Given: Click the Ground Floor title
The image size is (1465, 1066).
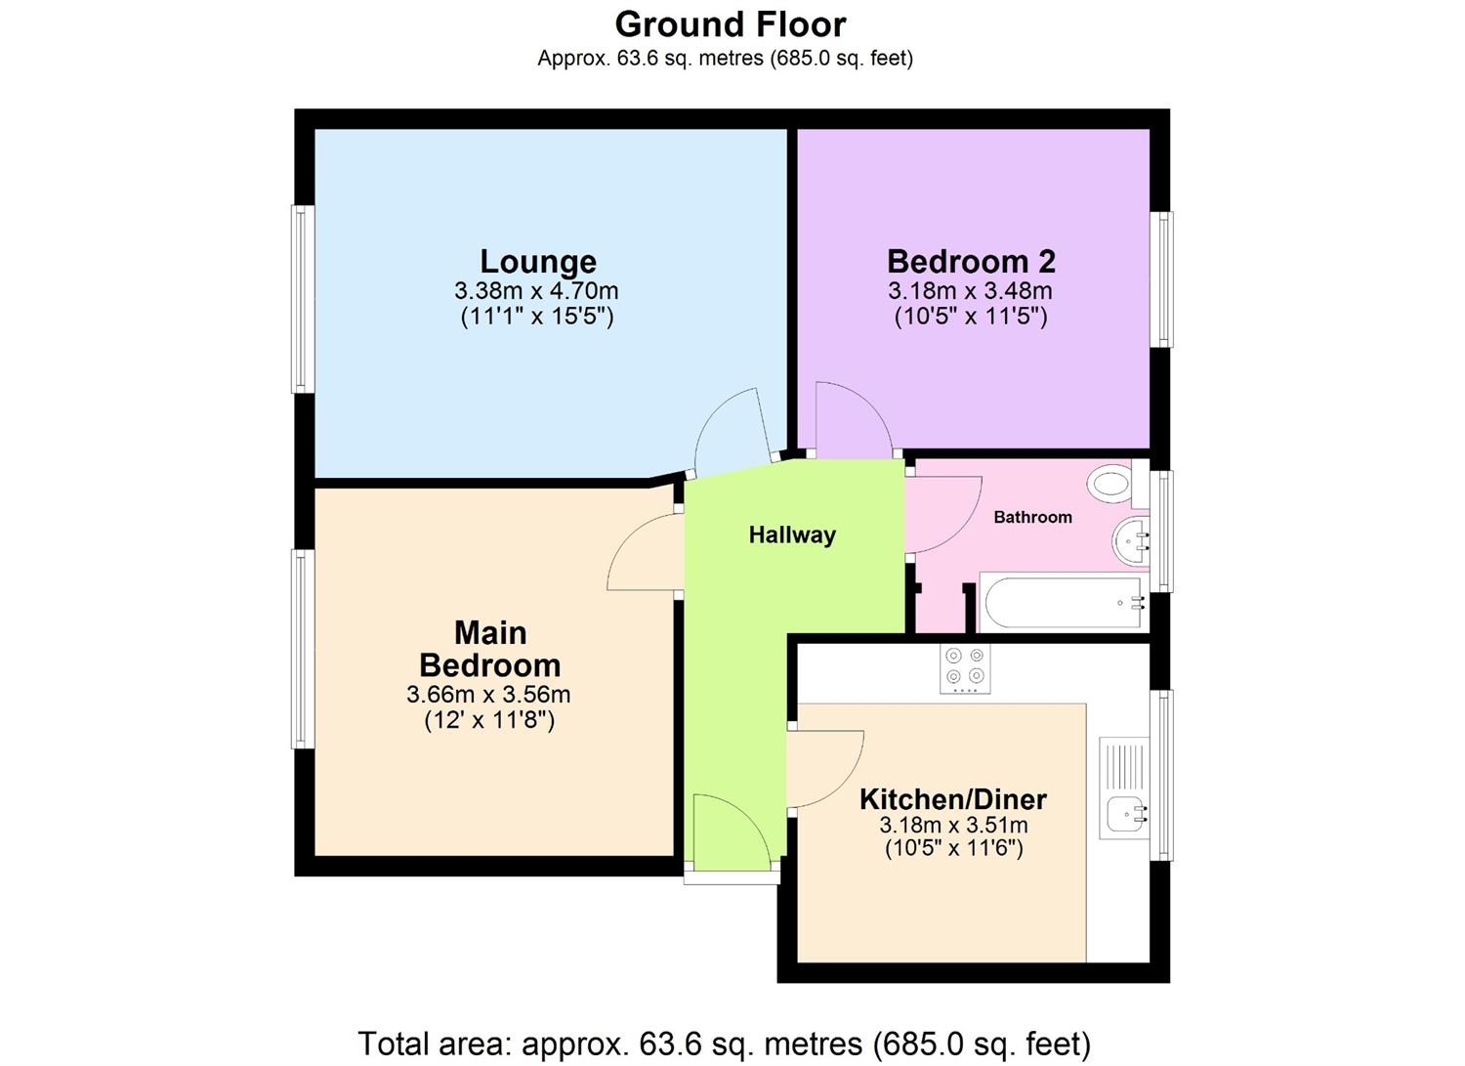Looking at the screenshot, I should coord(730,23).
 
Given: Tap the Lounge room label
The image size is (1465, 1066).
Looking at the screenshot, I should coord(538,262).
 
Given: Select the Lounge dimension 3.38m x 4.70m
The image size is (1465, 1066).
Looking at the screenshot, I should coord(536,291).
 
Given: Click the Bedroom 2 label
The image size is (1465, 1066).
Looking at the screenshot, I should coord(971,262).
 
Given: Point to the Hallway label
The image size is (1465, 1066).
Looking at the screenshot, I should coord(792,535).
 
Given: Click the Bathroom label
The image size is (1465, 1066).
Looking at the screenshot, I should coord(1032,518).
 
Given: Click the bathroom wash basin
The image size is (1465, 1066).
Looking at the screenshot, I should coord(1130,540).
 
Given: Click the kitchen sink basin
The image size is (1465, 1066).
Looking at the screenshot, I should coord(1125,812).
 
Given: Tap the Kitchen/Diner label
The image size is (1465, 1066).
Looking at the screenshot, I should coord(952,799).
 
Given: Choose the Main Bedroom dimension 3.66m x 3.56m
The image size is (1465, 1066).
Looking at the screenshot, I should coord(488,696).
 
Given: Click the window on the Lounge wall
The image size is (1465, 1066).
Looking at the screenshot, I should coord(304,298).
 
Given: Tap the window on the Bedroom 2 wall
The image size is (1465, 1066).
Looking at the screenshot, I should coord(1162,279).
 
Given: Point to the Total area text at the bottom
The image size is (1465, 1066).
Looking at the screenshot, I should coord(724,1044).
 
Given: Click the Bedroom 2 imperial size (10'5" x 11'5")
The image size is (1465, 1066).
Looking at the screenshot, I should coord(971,317).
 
